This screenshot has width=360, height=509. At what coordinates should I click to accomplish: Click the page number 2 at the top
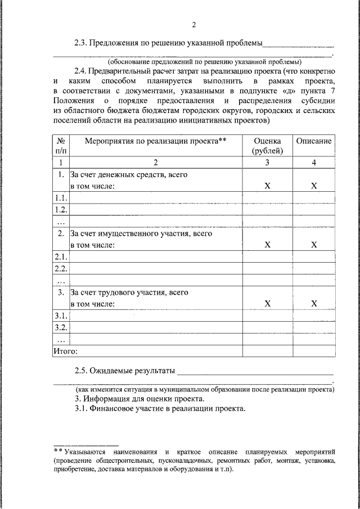(x=194, y=25)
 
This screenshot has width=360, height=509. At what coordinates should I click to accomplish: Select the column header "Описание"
(x=314, y=141)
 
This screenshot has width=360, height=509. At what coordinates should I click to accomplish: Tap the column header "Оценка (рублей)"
(x=268, y=146)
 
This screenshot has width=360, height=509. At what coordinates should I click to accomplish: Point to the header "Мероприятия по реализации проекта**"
(x=155, y=141)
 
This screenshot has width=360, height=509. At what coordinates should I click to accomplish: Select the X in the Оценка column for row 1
(x=268, y=186)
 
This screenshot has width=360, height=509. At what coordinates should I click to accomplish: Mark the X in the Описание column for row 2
(x=314, y=245)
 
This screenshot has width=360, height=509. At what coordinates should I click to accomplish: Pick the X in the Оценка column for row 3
(x=268, y=304)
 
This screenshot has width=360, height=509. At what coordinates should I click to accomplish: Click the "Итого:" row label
(x=65, y=350)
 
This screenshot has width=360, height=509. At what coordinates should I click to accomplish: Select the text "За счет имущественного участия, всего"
(x=141, y=233)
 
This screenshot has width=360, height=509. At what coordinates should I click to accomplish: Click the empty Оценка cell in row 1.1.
(x=268, y=198)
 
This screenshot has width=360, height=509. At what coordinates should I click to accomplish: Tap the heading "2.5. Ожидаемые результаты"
(x=124, y=371)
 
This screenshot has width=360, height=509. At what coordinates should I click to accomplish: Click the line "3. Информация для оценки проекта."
(x=139, y=399)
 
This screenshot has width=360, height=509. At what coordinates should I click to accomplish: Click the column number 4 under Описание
(x=314, y=163)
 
